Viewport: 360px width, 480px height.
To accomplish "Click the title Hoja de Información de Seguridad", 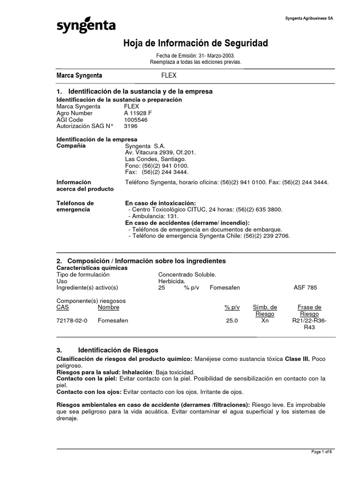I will click(x=195, y=44).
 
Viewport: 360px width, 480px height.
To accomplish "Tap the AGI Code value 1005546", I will click(x=135, y=120).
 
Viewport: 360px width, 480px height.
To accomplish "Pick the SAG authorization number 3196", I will click(x=131, y=126).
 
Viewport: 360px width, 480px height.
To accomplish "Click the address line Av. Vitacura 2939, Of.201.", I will click(x=160, y=153).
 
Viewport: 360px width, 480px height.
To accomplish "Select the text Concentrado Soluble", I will click(x=187, y=274).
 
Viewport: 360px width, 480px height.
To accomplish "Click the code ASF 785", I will click(x=305, y=287).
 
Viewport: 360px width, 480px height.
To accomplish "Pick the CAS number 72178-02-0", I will click(x=72, y=321).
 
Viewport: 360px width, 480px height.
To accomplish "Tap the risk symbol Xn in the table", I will click(x=265, y=321).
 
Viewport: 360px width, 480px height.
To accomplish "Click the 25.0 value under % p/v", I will click(x=232, y=321).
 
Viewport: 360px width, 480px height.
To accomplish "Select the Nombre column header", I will click(x=108, y=307).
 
